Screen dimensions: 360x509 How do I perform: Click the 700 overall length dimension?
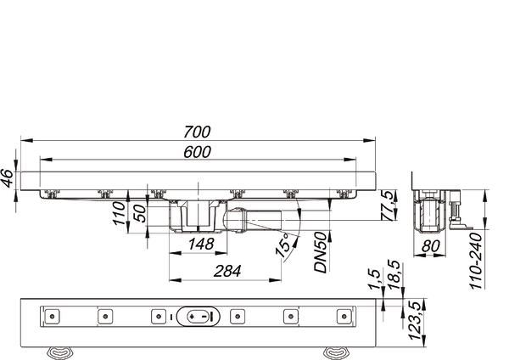click(x=197, y=132)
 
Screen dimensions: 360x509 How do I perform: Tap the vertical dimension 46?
click(x=8, y=178)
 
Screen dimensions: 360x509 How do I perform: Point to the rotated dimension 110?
click(x=120, y=228)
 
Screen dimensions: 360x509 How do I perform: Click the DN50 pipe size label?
click(x=322, y=252)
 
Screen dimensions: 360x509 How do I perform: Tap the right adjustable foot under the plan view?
click(x=336, y=350)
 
